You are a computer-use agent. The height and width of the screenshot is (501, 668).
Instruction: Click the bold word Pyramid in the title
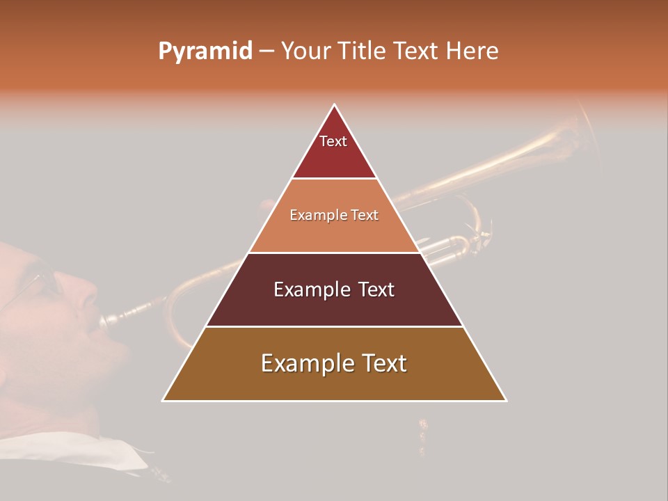(205, 51)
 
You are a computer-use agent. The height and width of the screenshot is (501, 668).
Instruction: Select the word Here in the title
(472, 51)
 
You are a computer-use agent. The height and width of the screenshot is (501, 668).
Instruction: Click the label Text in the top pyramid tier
(333, 141)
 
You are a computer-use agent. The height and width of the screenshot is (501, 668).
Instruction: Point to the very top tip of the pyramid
(335, 104)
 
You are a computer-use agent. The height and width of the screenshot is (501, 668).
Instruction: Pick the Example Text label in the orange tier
(334, 215)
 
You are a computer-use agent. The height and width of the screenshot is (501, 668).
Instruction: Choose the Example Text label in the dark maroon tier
(334, 289)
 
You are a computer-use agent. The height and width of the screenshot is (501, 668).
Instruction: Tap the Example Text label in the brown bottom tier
(334, 363)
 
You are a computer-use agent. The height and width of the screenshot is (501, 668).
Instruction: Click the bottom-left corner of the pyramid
(163, 401)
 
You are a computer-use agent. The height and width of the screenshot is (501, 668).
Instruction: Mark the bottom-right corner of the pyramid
(507, 401)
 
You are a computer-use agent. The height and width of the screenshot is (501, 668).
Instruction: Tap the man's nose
(87, 296)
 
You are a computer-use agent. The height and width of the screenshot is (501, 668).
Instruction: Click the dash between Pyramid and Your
(266, 51)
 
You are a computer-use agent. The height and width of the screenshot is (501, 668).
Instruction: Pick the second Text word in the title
(414, 51)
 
